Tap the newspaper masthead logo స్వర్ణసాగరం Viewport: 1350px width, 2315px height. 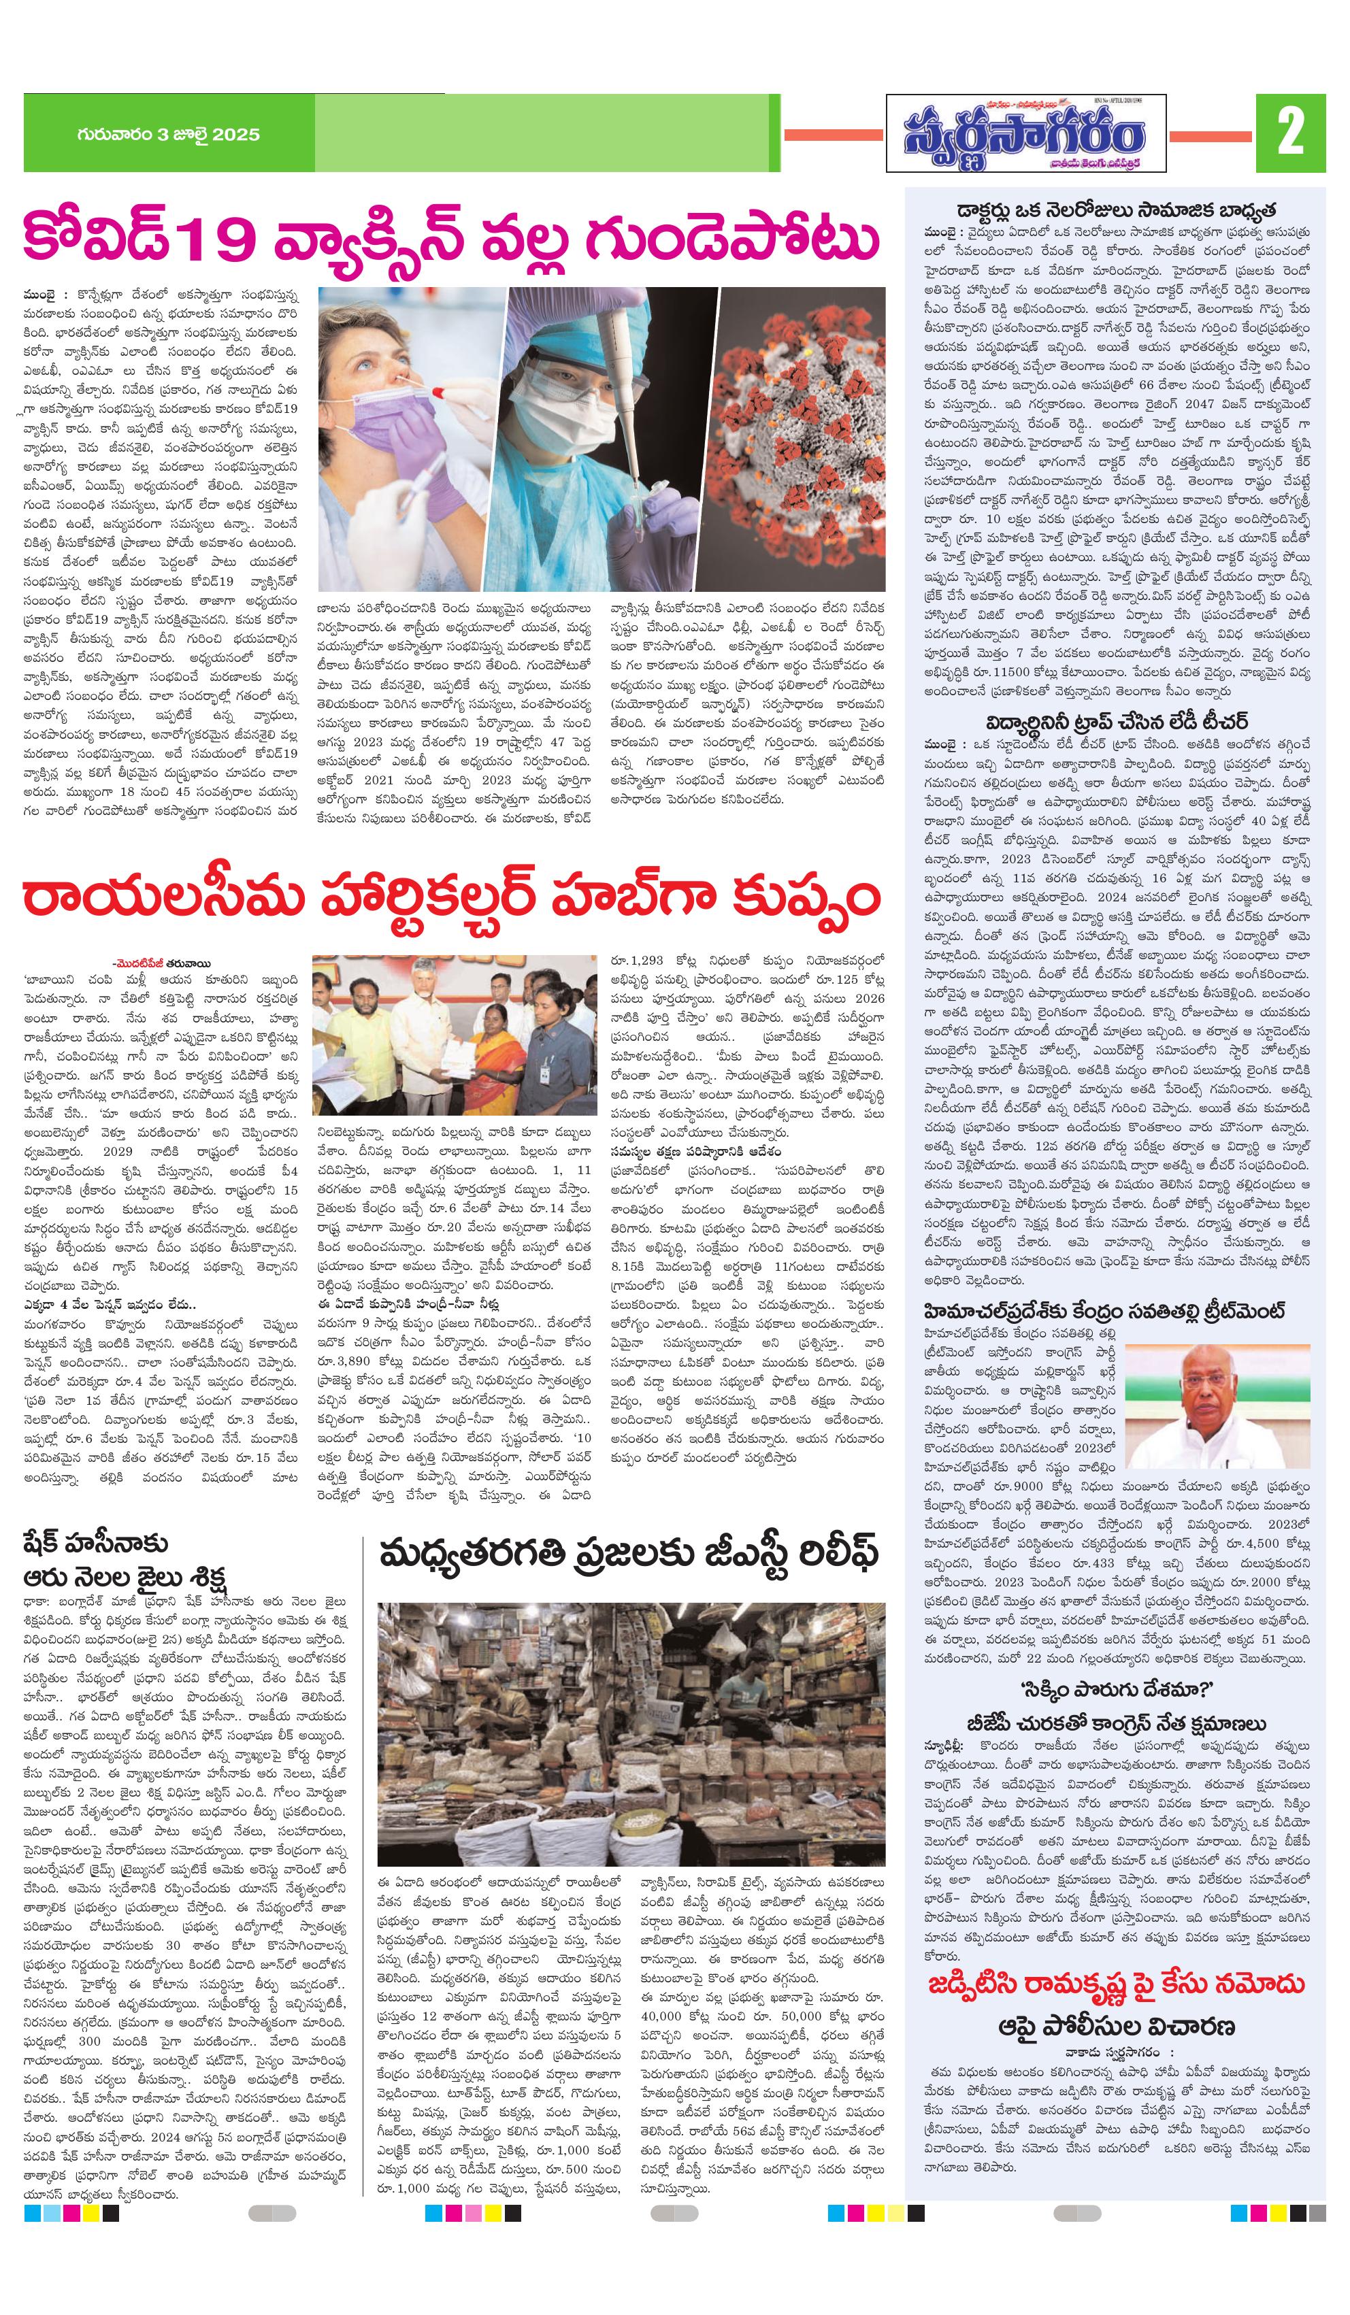pyautogui.click(x=1025, y=134)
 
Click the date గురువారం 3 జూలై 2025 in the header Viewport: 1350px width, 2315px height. pyautogui.click(x=168, y=134)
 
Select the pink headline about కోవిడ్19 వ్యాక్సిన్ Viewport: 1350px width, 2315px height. pyautogui.click(x=450, y=237)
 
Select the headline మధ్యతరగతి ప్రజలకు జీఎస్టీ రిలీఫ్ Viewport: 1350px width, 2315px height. pyautogui.click(x=629, y=1554)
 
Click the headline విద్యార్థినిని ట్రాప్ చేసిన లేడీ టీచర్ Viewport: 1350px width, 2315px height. pyautogui.click(x=1116, y=721)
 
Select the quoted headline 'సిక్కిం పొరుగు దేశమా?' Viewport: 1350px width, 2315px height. pyautogui.click(x=1116, y=1688)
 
